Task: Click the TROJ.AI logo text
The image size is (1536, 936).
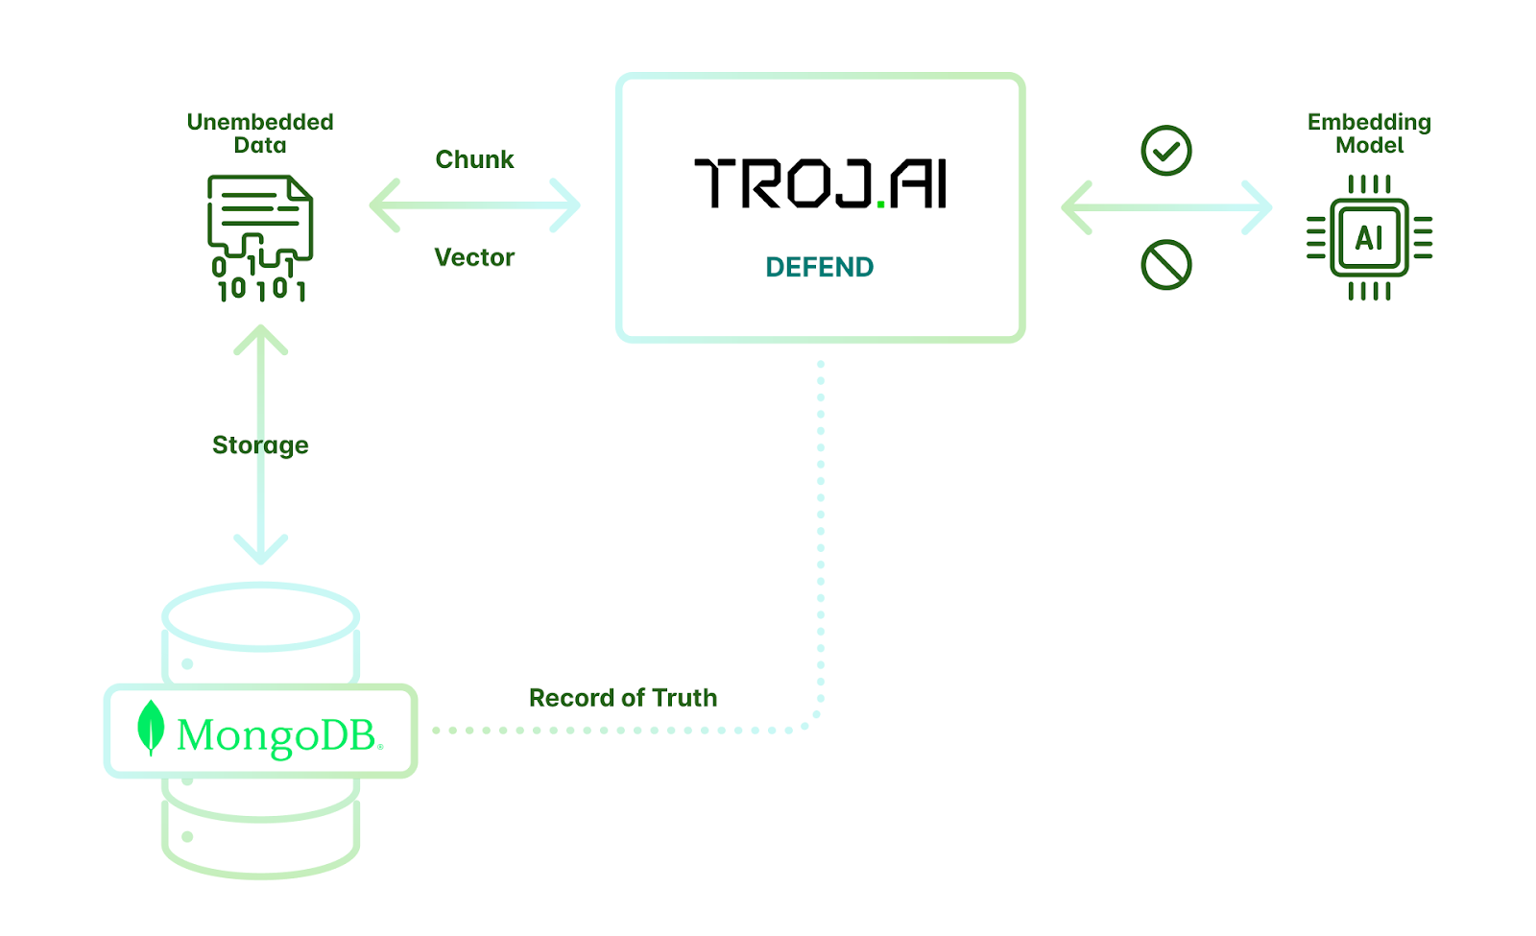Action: click(820, 183)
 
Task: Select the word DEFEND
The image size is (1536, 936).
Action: click(820, 267)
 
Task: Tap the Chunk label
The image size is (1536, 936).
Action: click(474, 159)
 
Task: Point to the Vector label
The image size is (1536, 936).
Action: click(474, 257)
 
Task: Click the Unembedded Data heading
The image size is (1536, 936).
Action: click(260, 133)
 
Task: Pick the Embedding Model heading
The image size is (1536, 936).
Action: click(1369, 133)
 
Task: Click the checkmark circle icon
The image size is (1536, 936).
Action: click(1166, 150)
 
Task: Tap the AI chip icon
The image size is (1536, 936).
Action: click(1369, 237)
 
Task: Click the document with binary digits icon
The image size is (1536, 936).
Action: click(260, 238)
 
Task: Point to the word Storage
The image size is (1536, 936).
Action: click(260, 445)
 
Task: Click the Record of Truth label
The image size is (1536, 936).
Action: click(623, 697)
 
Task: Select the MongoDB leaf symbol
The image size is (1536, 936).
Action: click(151, 727)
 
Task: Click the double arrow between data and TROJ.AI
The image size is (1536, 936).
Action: click(475, 205)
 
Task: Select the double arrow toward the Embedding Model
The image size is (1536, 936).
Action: click(1166, 207)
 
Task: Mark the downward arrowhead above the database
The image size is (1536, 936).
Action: click(260, 548)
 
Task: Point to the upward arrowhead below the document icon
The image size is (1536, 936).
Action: click(260, 339)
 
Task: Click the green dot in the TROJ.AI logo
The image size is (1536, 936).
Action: click(880, 203)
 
